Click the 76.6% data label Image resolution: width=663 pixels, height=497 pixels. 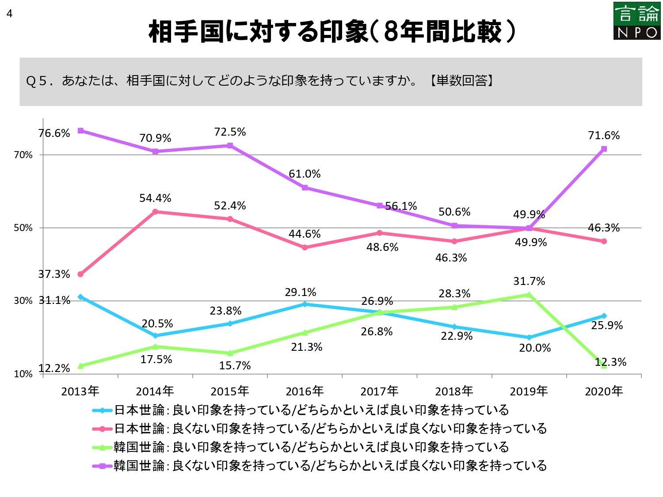(x=54, y=133)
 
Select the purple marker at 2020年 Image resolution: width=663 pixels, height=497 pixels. (x=604, y=149)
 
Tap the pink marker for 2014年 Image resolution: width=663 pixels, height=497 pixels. (x=155, y=212)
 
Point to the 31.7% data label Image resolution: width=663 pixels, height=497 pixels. (x=529, y=281)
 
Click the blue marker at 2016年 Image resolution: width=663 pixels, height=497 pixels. (x=305, y=304)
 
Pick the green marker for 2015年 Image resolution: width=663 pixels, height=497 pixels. (x=230, y=353)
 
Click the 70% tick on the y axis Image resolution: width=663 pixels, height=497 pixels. (x=23, y=155)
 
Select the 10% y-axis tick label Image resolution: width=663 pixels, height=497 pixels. (x=23, y=374)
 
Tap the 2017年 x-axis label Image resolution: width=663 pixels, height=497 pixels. (x=379, y=391)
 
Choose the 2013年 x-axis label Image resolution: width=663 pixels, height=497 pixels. (x=80, y=391)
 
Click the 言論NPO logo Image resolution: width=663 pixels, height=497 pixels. (x=636, y=21)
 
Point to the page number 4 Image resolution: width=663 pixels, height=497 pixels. (x=9, y=14)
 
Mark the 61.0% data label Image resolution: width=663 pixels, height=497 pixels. (x=305, y=174)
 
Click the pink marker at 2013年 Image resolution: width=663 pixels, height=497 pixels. (x=80, y=274)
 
